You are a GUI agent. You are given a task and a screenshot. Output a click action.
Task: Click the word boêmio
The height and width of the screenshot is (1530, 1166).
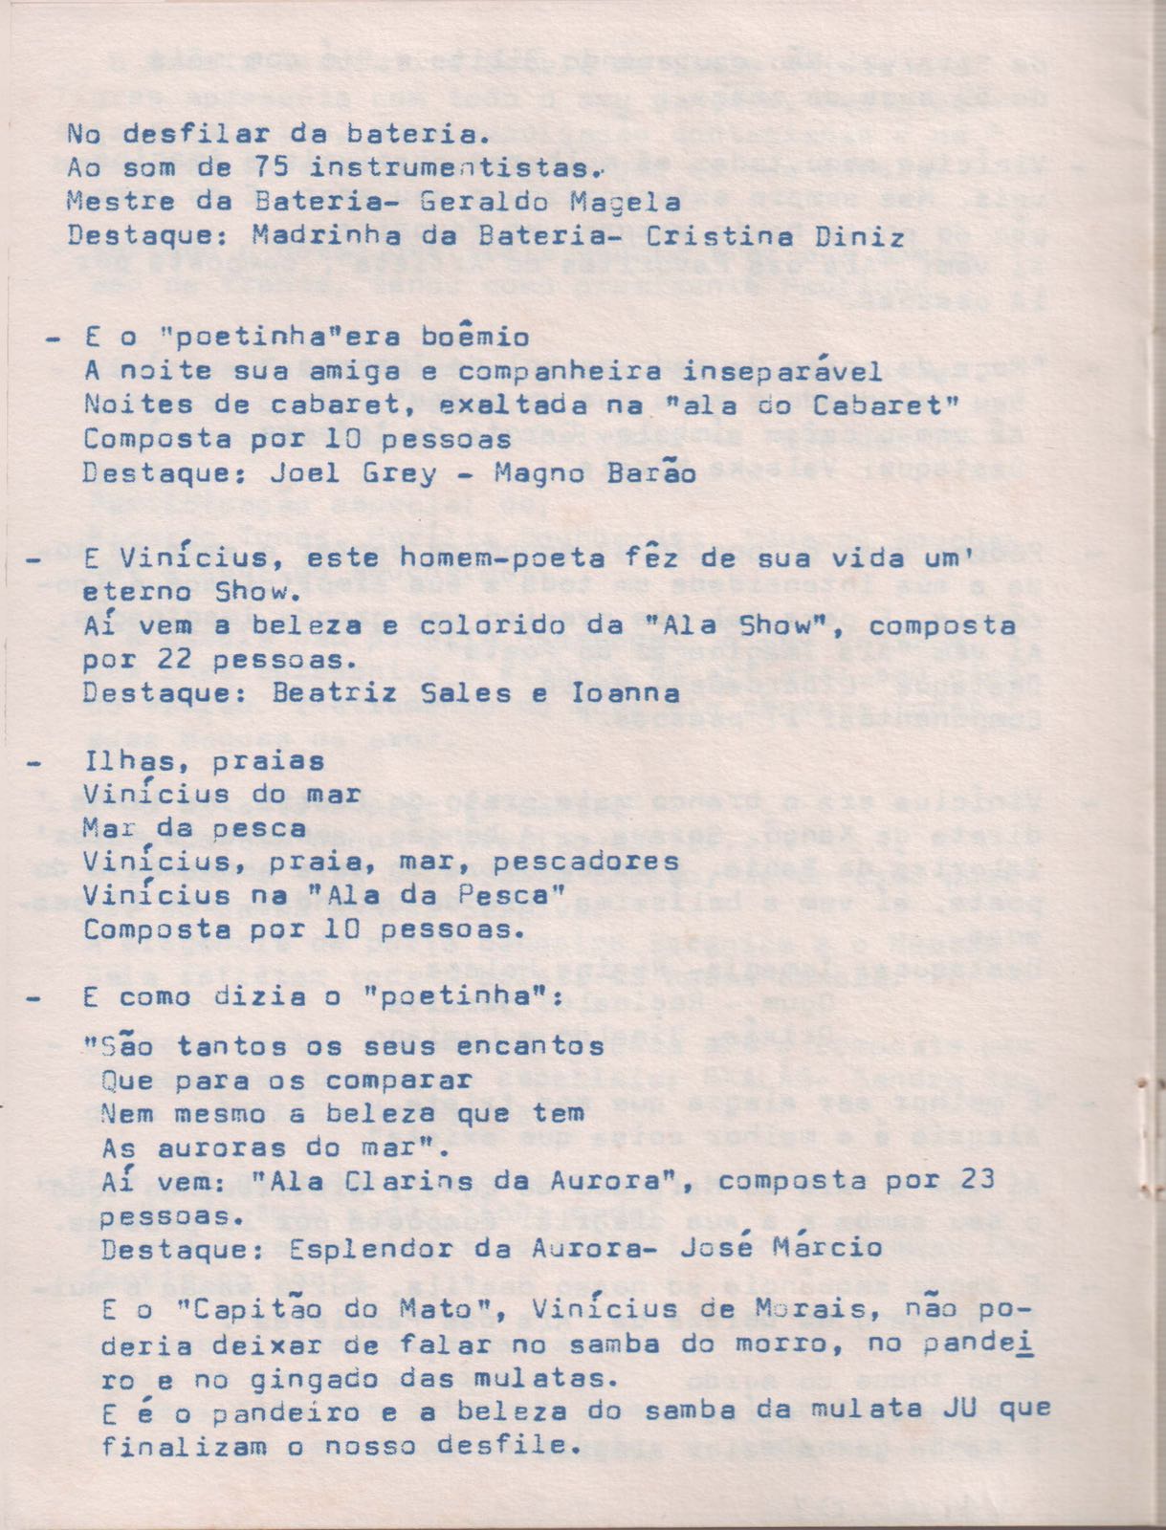474,337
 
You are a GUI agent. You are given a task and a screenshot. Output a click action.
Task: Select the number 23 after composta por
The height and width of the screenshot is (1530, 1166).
978,1180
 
